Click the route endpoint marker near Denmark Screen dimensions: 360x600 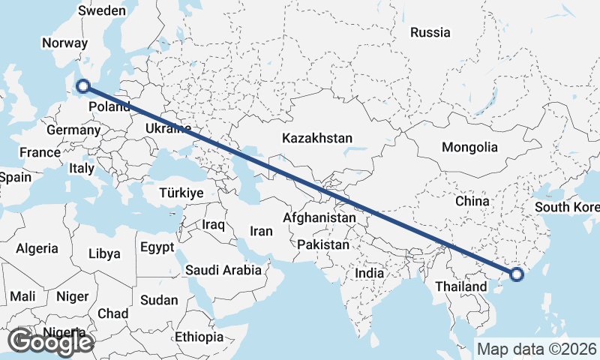(x=83, y=87)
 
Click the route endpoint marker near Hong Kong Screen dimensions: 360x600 (x=517, y=274)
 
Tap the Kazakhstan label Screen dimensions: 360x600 (x=317, y=138)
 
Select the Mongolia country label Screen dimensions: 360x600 (x=469, y=147)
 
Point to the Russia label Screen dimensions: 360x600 (x=430, y=32)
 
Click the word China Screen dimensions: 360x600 (x=472, y=201)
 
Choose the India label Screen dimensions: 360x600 (x=369, y=273)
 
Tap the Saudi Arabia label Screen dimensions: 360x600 (x=223, y=270)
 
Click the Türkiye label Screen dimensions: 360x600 (x=181, y=193)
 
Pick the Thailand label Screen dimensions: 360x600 (x=461, y=286)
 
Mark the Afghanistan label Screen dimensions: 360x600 (x=319, y=217)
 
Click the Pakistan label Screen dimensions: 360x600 (x=323, y=244)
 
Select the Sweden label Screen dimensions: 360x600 (x=102, y=11)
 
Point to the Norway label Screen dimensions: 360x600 (x=65, y=43)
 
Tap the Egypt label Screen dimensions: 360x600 (x=157, y=247)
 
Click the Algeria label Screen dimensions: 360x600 (x=37, y=248)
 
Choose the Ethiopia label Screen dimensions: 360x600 (x=199, y=337)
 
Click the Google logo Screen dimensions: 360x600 (x=50, y=342)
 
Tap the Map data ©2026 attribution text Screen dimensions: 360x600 (x=537, y=349)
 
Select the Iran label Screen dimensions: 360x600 (x=261, y=232)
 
